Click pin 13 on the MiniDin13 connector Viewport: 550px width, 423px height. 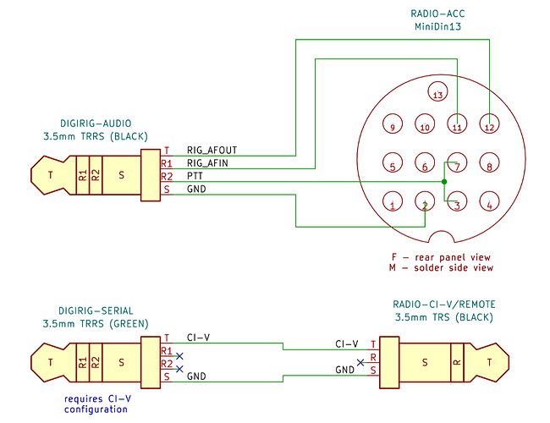tap(437, 91)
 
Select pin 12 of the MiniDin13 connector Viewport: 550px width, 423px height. tap(489, 124)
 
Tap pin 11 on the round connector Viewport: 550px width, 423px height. tap(457, 124)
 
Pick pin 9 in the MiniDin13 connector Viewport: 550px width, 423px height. tap(393, 124)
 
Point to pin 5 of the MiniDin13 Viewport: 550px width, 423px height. tap(393, 162)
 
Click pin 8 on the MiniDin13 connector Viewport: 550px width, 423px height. tap(489, 162)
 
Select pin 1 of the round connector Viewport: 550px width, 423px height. tap(393, 201)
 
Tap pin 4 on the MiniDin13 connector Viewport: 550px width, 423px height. tap(489, 201)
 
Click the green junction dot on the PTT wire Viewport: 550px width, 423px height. tap(444, 182)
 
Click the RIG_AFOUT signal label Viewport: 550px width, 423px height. tap(212, 151)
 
